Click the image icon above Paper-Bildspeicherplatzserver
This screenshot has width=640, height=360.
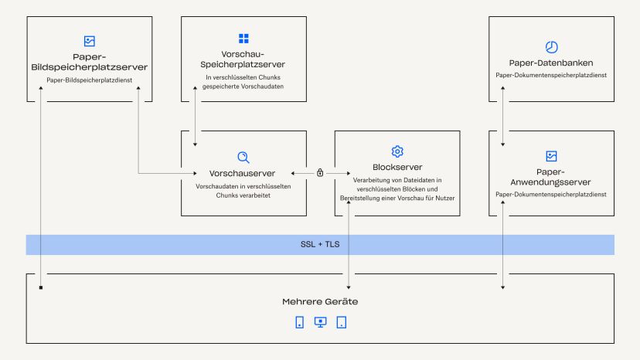click(89, 41)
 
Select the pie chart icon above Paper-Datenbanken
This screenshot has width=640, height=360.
click(551, 46)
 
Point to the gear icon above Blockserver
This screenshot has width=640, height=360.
click(397, 151)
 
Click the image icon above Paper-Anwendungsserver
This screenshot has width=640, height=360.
click(551, 156)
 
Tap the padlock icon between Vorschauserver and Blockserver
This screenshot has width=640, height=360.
click(320, 173)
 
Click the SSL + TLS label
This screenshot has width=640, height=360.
click(320, 245)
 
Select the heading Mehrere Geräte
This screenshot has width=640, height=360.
click(320, 301)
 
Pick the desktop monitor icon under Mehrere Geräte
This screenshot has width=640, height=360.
click(320, 322)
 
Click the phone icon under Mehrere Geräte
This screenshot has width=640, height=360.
click(299, 322)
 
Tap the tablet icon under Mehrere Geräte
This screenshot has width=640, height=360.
click(341, 322)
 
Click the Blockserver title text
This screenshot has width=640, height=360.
click(397, 168)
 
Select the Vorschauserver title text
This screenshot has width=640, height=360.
click(243, 173)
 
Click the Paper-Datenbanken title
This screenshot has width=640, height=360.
click(551, 63)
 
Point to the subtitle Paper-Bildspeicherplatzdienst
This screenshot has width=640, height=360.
click(89, 80)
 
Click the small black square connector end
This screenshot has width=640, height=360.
click(41, 288)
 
